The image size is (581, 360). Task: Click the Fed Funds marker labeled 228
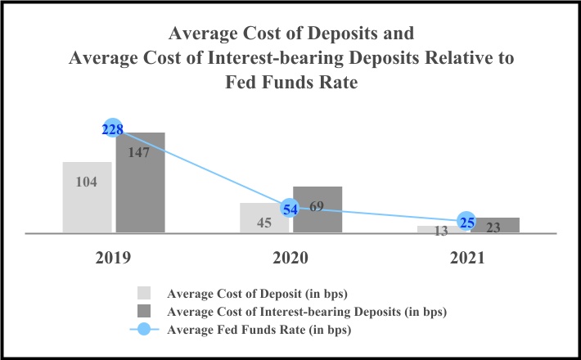point(113,129)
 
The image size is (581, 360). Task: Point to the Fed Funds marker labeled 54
point(290,209)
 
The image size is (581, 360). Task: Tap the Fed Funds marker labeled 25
point(467,221)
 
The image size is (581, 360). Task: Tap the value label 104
point(86,182)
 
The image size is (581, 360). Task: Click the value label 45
point(264,223)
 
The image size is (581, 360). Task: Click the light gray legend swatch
point(145,293)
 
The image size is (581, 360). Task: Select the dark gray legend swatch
point(145,312)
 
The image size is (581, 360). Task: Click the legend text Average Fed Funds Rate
point(259,331)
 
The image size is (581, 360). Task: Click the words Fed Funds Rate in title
point(290,83)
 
